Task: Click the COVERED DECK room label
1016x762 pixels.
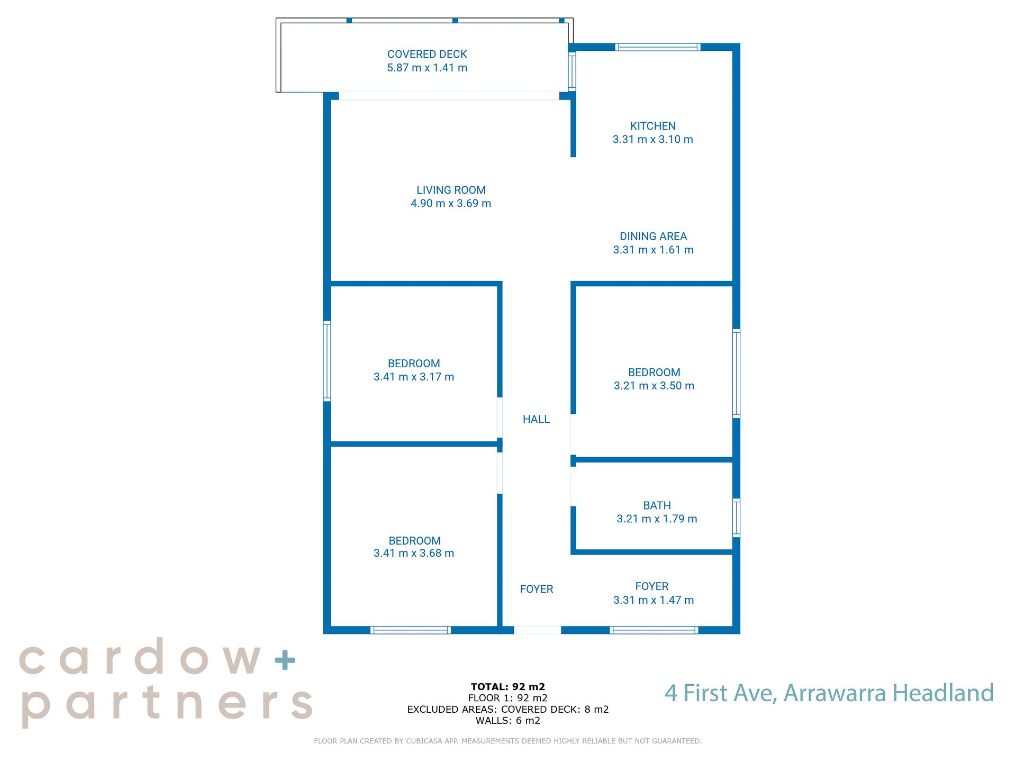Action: tap(427, 55)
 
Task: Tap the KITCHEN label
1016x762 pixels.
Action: tap(652, 126)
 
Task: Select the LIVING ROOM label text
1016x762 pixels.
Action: tap(451, 190)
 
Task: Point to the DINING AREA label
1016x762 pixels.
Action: tap(653, 237)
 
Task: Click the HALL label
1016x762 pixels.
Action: tap(536, 419)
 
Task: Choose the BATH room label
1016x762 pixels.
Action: tap(657, 505)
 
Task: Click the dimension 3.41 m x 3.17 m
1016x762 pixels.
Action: tap(414, 377)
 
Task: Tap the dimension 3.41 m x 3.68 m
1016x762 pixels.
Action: tap(414, 553)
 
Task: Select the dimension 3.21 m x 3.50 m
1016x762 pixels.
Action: tap(654, 386)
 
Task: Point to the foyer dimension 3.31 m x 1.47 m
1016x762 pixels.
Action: tap(654, 600)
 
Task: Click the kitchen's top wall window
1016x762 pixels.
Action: tap(658, 47)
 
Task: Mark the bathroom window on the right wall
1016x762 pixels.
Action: tap(736, 518)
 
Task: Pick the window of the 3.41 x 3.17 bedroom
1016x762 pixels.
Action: tap(327, 361)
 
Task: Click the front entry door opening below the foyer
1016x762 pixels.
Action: tap(538, 630)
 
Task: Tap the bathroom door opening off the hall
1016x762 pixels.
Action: tap(573, 486)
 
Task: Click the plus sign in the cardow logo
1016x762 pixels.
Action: tap(285, 660)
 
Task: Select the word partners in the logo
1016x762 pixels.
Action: tap(167, 705)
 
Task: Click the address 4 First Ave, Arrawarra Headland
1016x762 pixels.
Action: tap(829, 693)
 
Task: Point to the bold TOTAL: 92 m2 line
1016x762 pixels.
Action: tap(508, 687)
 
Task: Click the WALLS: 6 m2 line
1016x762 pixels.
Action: tap(508, 721)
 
